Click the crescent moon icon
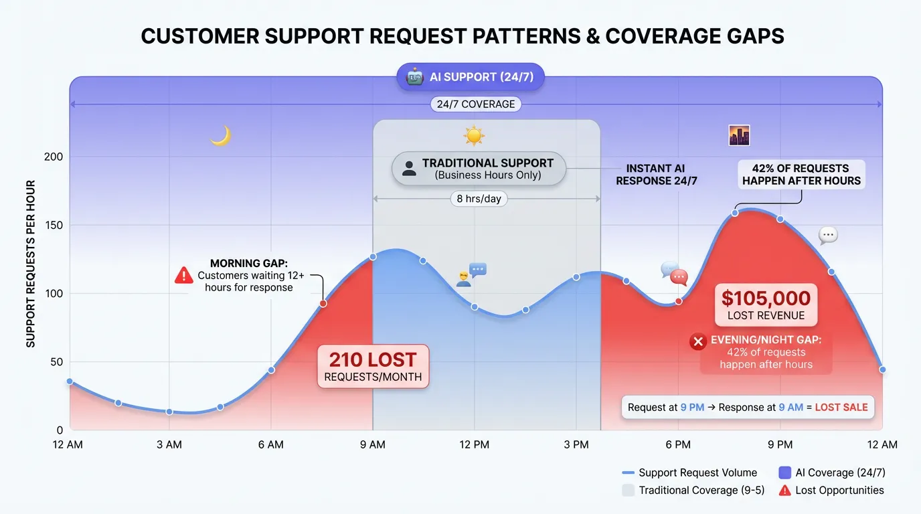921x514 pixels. point(220,136)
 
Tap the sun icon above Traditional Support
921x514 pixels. point(474,136)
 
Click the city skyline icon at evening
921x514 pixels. point(739,136)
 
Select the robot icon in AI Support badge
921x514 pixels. point(415,77)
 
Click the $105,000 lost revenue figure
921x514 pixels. point(766,298)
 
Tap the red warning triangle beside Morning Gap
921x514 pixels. point(183,275)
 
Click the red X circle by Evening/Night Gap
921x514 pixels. point(698,342)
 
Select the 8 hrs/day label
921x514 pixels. point(479,199)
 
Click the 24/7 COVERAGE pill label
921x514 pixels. point(476,104)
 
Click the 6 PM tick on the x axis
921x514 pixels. point(678,444)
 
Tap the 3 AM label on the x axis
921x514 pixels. point(169,444)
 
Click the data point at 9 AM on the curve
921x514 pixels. point(373,256)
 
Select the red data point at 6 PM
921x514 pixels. point(679,301)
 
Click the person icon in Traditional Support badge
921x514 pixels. point(409,169)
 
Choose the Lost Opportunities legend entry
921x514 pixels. point(831,491)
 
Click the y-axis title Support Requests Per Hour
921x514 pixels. point(31,264)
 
